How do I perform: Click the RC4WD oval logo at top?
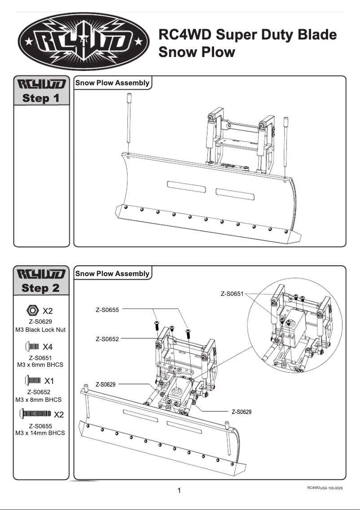point(84,42)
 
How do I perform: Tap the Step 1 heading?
point(41,98)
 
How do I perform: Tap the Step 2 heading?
point(41,288)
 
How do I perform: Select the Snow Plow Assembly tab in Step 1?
point(112,83)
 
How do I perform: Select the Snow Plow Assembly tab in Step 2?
point(112,273)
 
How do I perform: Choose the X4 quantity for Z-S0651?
point(48,347)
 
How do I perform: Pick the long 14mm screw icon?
point(35,413)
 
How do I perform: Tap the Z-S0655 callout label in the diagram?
point(107,310)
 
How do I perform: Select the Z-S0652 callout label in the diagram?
point(107,339)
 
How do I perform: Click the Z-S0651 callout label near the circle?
point(232,294)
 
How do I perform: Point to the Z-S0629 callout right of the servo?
point(241,412)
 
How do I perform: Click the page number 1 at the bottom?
point(180,491)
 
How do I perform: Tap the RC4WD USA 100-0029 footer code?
point(325,488)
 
